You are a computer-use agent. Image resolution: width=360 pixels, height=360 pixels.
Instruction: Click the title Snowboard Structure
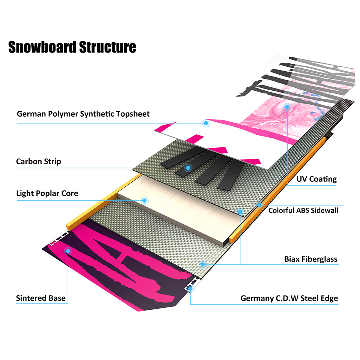click(72, 48)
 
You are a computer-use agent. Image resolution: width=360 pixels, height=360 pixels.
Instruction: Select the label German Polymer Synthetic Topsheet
click(83, 114)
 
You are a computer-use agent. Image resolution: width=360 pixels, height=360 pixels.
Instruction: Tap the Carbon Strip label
click(39, 162)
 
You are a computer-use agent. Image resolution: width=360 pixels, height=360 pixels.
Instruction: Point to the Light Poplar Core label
click(47, 193)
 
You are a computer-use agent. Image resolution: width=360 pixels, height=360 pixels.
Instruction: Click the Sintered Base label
click(41, 298)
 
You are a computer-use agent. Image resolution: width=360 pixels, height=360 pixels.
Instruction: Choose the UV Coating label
click(316, 179)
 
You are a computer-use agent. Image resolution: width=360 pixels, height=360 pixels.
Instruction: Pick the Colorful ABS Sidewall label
click(303, 210)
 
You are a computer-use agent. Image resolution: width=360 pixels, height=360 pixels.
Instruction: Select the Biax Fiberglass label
click(311, 259)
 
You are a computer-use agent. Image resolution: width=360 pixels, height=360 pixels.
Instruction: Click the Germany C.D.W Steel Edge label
click(289, 298)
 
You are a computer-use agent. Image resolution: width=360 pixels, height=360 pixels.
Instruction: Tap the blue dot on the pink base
click(68, 250)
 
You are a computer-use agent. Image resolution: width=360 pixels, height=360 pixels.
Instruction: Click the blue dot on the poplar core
click(144, 200)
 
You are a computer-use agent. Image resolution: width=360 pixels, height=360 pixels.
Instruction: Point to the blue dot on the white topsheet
click(205, 123)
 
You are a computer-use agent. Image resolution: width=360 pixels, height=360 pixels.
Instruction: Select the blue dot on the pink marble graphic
click(287, 106)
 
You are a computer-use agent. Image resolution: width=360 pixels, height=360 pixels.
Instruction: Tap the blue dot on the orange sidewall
click(259, 205)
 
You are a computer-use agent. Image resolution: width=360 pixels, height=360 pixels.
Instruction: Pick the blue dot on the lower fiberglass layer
click(202, 264)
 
